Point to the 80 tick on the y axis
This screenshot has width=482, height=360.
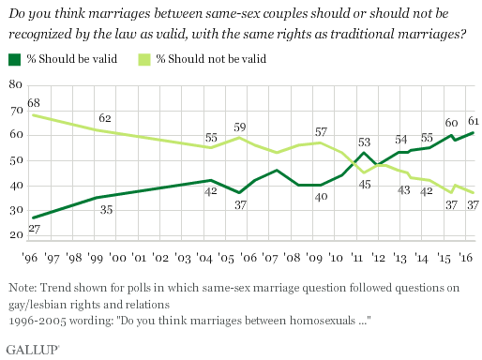[14, 85]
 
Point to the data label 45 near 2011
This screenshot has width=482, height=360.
[365, 185]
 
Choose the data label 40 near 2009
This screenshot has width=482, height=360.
[319, 198]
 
